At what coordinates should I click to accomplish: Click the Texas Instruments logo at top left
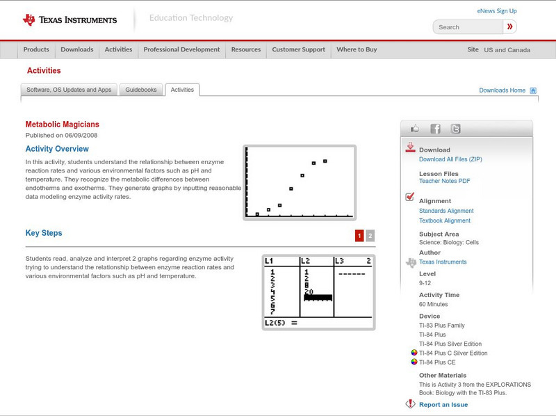point(69,19)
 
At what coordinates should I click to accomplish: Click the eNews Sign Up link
point(497,11)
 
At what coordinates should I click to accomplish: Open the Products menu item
point(36,50)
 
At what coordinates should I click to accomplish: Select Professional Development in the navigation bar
point(181,50)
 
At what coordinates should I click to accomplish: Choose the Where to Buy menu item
point(357,50)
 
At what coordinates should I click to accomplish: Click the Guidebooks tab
point(142,90)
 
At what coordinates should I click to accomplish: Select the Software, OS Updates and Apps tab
point(69,90)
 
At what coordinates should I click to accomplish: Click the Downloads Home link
point(502,90)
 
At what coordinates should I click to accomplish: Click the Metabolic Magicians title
point(62,125)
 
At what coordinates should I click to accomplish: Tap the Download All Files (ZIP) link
point(450,159)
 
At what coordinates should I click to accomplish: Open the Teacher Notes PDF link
point(445,181)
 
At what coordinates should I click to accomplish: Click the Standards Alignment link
point(446,211)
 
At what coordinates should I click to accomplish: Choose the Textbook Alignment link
point(445,221)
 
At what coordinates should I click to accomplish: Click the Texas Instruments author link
point(443,262)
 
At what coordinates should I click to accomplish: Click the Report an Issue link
point(443,405)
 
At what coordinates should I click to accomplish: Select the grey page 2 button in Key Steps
point(370,236)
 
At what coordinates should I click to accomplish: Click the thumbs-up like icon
point(415,129)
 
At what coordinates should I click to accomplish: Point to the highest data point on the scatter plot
point(325,161)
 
